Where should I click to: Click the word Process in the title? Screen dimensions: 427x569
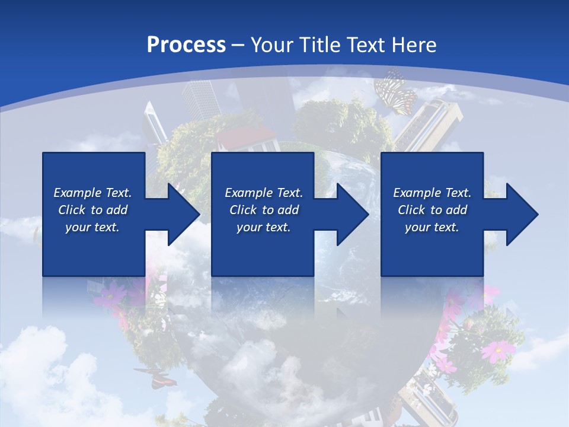(186, 44)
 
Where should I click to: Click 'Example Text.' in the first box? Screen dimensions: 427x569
(92, 193)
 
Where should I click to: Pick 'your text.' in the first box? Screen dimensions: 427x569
(92, 227)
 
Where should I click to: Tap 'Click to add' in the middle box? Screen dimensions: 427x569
(264, 210)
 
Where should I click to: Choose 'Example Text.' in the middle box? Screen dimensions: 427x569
(264, 193)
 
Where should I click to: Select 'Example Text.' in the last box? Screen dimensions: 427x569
(432, 193)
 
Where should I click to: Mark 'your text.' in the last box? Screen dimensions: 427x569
(432, 227)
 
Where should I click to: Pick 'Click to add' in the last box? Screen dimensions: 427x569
(432, 210)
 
